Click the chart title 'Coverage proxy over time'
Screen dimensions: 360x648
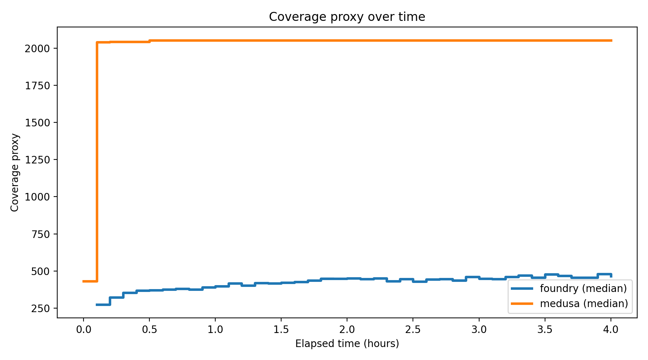(347, 17)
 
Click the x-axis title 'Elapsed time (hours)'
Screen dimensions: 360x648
(347, 344)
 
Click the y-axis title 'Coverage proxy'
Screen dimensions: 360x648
(15, 172)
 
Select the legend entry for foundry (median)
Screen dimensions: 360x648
(583, 288)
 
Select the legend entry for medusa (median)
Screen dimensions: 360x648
(584, 303)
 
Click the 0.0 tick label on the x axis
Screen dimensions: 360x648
(83, 329)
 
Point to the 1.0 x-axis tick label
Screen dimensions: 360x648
(215, 329)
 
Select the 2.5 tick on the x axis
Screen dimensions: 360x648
(413, 329)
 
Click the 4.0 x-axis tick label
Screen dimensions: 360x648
(611, 329)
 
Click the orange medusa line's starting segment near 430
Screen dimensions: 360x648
(90, 281)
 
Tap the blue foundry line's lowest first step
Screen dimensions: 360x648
(103, 305)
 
